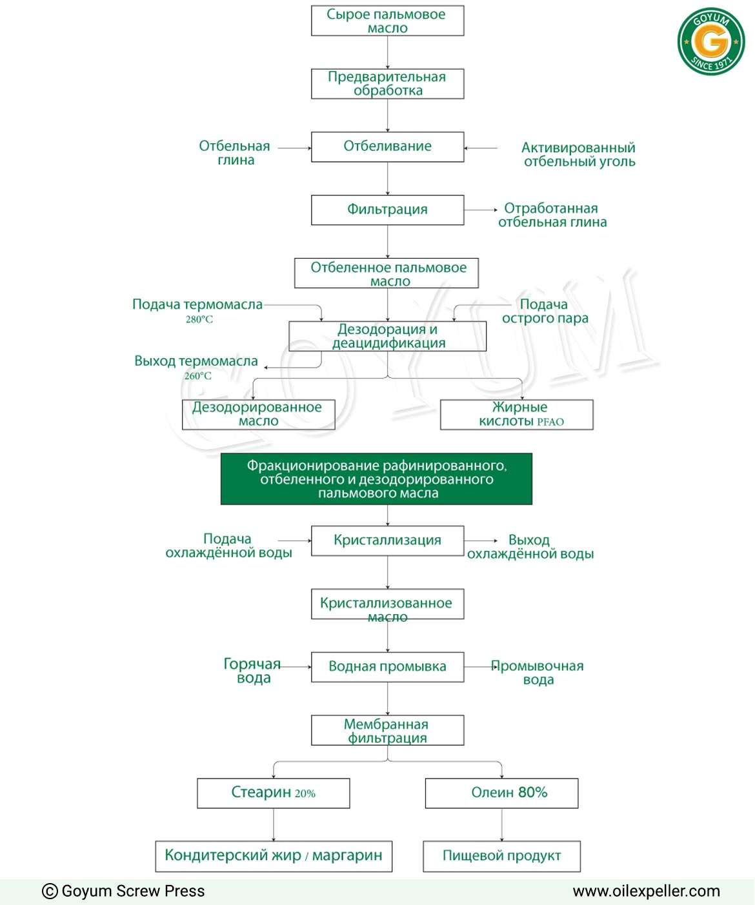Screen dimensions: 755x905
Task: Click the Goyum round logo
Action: (x=710, y=41)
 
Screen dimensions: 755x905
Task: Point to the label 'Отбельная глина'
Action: (x=235, y=153)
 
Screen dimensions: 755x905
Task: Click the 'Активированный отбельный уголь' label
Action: (x=578, y=154)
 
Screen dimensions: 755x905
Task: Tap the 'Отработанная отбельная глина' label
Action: (x=552, y=215)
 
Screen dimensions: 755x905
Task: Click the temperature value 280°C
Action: (x=199, y=319)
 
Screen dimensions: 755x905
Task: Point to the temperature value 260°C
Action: (x=197, y=376)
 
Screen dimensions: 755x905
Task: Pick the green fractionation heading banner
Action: (x=376, y=479)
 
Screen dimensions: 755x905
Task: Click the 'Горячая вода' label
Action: (x=252, y=670)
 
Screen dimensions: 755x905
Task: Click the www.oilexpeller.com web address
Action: (x=646, y=891)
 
